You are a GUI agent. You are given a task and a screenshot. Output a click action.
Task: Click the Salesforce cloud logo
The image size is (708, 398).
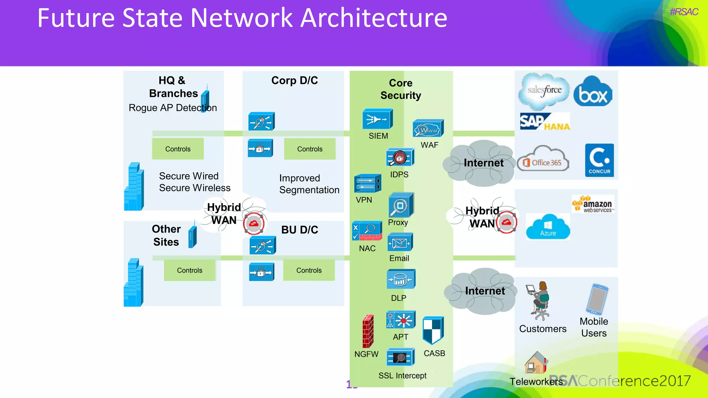click(544, 91)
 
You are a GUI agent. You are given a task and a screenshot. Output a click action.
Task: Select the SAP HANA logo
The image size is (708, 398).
click(544, 122)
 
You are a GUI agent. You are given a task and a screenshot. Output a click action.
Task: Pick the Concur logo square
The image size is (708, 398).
click(599, 160)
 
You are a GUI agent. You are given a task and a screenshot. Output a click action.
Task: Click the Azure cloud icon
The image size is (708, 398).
click(548, 227)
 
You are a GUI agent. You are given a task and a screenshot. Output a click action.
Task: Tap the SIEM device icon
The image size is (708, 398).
click(377, 119)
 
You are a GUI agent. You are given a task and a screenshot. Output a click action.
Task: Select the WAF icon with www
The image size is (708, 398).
click(428, 129)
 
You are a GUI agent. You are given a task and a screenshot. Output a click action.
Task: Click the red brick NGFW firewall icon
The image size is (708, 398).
click(368, 331)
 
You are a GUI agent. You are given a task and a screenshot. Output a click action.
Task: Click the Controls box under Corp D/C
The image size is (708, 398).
click(310, 149)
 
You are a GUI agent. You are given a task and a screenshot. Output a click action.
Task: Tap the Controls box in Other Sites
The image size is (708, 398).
click(189, 270)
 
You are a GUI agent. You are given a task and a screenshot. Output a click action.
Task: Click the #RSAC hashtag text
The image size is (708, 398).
click(683, 12)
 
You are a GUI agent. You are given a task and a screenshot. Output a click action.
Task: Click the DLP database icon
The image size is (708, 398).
click(401, 279)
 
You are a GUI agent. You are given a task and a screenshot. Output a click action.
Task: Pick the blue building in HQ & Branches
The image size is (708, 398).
click(134, 187)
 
